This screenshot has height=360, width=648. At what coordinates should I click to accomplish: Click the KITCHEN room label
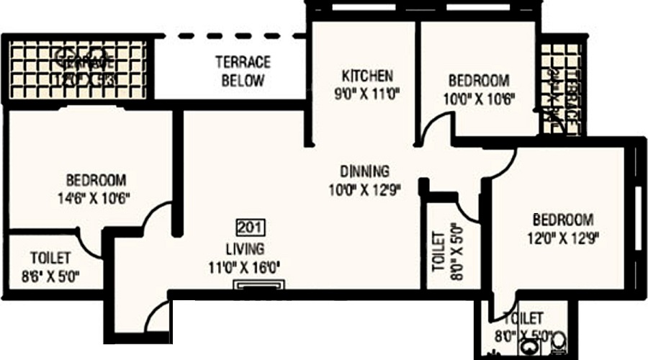click(367, 76)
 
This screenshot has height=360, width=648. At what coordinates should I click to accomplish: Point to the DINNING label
click(365, 172)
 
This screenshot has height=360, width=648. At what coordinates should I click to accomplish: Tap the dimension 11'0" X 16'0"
click(244, 268)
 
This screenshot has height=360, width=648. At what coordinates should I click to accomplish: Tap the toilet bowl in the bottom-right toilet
click(558, 345)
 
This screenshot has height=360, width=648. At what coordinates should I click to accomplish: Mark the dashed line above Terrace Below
click(230, 35)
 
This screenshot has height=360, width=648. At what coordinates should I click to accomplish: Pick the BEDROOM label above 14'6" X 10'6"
click(96, 179)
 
